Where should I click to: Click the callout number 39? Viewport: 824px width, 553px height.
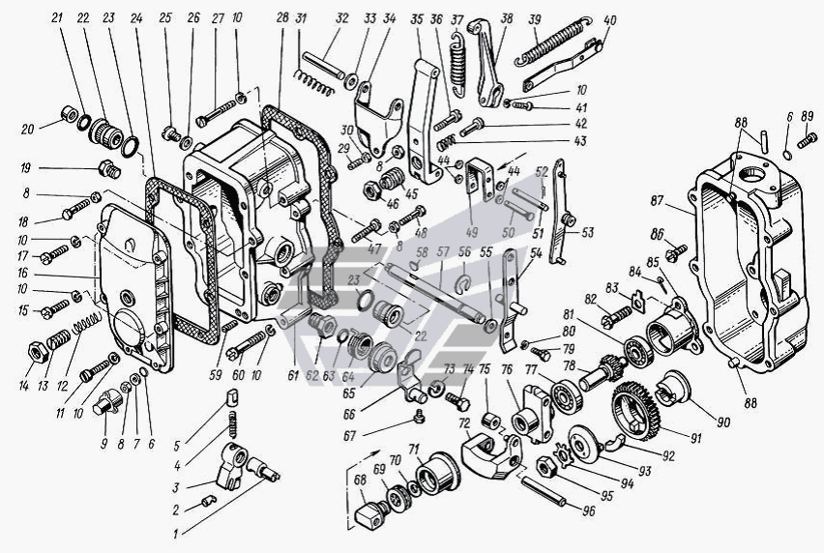535,20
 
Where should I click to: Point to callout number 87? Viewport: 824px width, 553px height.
657,201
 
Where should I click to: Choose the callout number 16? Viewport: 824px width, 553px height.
22,274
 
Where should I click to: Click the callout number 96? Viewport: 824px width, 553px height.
589,509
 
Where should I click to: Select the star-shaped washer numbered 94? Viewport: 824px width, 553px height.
565,453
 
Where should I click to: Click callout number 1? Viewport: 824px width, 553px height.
177,534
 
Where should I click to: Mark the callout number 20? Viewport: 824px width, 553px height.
28,130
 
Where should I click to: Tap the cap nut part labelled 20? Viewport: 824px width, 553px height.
69,113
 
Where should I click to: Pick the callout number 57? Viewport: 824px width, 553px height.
443,252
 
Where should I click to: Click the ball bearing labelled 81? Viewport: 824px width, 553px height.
638,350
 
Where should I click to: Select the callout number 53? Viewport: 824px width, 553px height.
586,231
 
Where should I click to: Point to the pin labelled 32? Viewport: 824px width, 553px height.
323,65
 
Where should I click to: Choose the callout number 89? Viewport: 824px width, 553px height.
808,116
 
